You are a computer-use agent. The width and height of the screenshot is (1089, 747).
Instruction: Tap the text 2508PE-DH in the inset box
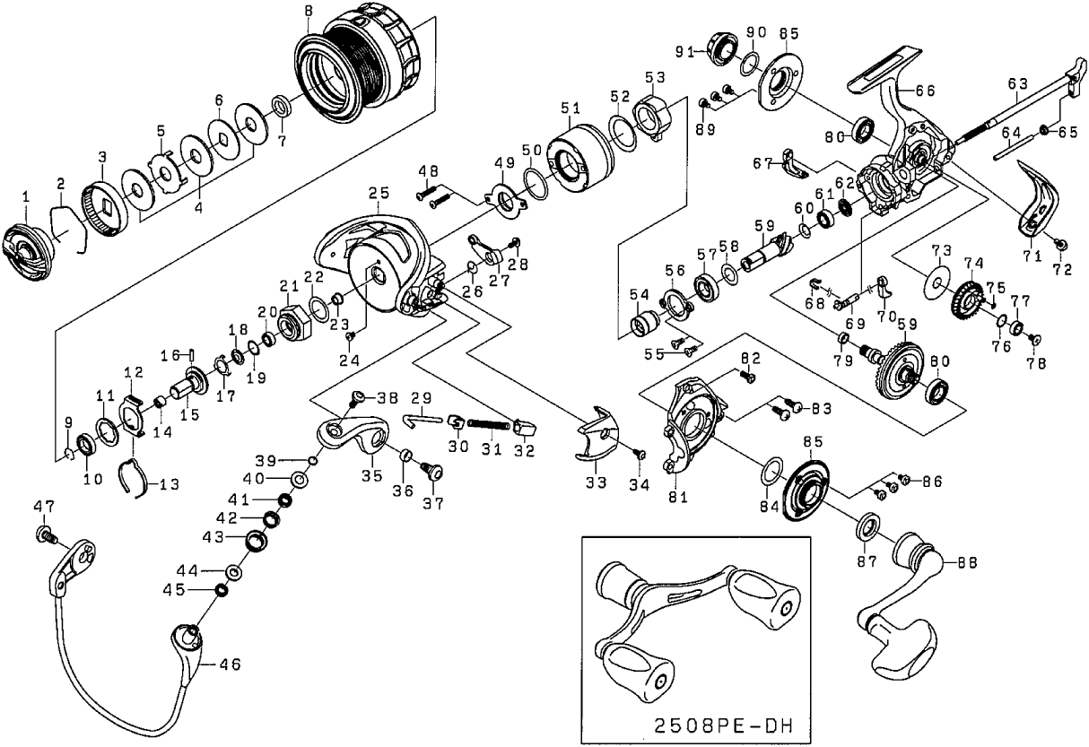728,724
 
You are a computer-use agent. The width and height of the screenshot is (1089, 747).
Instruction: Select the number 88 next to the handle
966,563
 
